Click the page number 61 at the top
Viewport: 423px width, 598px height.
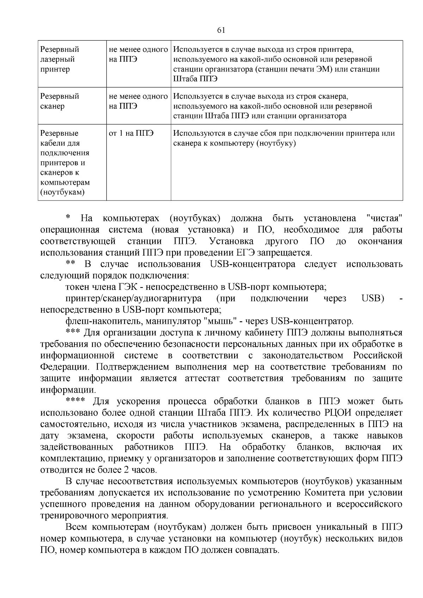click(221, 30)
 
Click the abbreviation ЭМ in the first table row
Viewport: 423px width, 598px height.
click(326, 69)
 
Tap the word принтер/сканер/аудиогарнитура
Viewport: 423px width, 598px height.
click(134, 299)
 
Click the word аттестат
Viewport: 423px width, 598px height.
click(202, 378)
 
